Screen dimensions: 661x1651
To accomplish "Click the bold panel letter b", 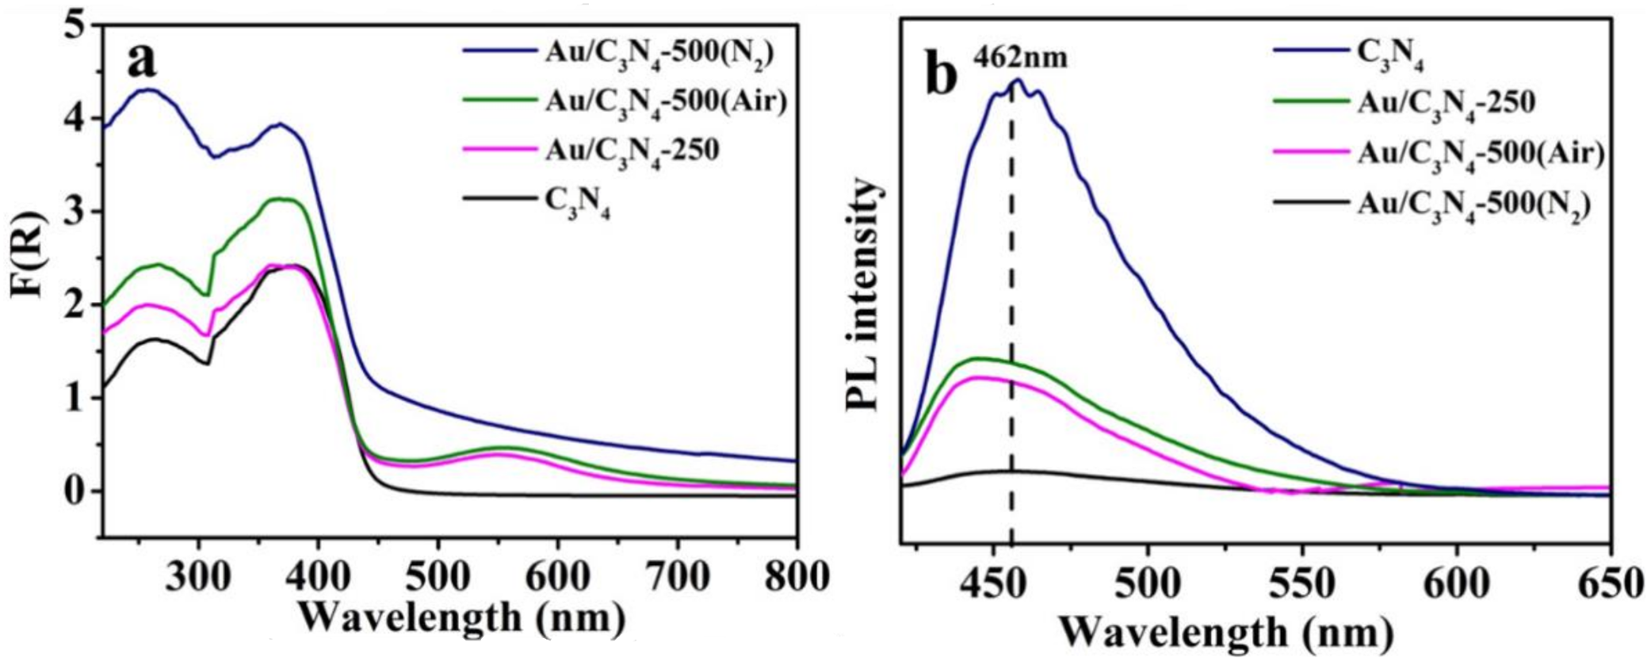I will [942, 77].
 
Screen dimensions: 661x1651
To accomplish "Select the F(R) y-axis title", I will [29, 278].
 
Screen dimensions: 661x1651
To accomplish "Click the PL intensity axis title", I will [862, 293].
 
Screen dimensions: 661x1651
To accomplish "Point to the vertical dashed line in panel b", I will [1012, 317].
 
